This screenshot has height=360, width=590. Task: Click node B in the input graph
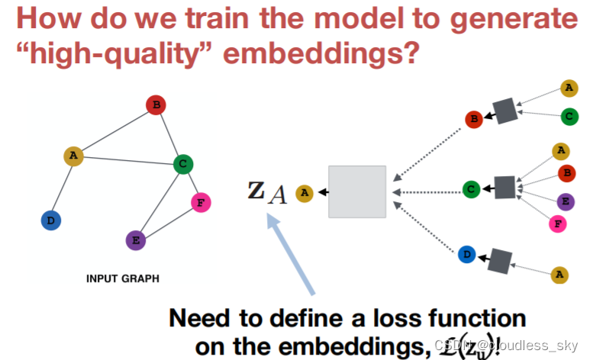[x=155, y=105]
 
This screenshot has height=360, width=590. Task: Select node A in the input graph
[x=73, y=156]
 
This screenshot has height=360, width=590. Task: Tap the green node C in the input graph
[x=182, y=163]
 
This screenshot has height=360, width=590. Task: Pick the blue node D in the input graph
[x=51, y=220]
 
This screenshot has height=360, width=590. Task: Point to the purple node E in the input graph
[x=135, y=239]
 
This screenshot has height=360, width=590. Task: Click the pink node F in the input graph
[x=201, y=202]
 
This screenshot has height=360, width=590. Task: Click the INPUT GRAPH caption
[x=122, y=279]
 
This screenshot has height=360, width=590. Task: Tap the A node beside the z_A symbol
[x=305, y=193]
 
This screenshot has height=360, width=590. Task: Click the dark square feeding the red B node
[x=505, y=110]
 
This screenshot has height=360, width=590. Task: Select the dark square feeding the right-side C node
[x=505, y=187]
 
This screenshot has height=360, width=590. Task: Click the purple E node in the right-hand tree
[x=566, y=201]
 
